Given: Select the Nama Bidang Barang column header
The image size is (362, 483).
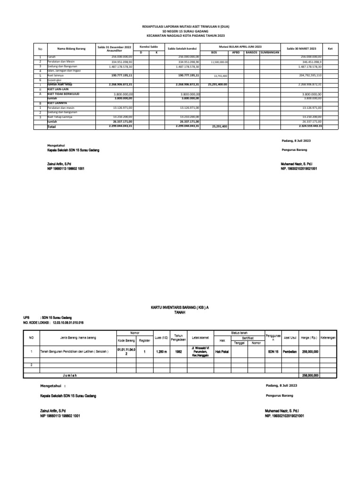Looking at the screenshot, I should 71,49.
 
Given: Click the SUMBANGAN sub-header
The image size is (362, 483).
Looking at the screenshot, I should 271,52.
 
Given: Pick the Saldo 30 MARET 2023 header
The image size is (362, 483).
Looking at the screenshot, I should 301,49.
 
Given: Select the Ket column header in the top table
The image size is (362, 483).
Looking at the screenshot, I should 330,49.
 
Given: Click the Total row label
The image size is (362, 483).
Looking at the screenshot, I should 51,126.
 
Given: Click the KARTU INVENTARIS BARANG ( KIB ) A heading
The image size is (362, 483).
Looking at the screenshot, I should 180,307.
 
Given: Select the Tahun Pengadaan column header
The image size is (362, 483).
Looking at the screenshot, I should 178,337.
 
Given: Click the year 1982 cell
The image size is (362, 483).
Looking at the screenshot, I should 178,351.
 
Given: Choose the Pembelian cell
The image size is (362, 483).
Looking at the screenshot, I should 289,351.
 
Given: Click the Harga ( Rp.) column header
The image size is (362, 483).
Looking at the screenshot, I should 310,338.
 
